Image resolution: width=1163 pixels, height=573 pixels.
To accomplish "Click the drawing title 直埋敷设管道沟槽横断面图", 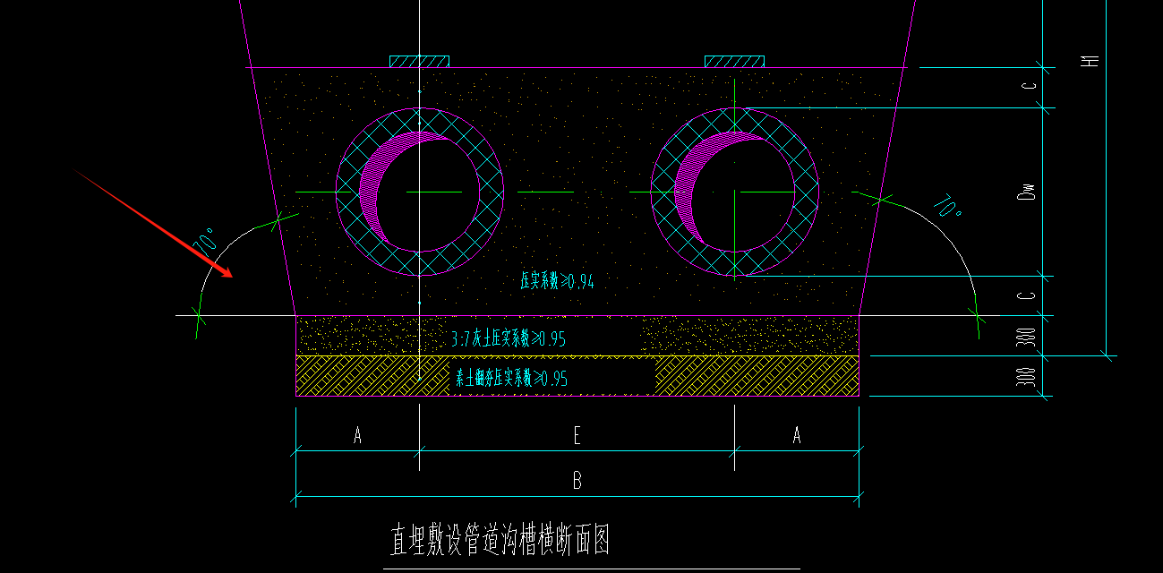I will [500, 541].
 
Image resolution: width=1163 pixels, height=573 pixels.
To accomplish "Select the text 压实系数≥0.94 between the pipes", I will [557, 281].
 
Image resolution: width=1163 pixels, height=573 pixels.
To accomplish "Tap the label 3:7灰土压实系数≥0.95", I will [509, 339].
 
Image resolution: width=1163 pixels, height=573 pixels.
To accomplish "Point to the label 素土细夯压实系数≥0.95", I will [511, 379].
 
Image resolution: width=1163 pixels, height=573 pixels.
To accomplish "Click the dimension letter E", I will [577, 436].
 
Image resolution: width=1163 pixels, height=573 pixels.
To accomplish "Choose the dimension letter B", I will [577, 481].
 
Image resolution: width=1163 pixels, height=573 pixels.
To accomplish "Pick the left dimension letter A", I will [357, 436].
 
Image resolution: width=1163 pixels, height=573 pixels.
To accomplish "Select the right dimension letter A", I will [797, 436].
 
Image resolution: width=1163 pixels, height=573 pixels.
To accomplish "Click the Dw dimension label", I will [1030, 191].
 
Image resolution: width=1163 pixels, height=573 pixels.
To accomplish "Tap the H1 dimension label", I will [1090, 61].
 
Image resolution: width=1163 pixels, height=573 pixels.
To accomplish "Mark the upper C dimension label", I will [1030, 87].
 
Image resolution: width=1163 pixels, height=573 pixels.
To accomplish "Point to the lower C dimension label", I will [1030, 295].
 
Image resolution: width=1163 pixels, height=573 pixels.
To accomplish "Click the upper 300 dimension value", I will [1030, 337].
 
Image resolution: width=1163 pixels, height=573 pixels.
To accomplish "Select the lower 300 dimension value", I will [1030, 376].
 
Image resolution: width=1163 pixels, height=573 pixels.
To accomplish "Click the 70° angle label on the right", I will [946, 209].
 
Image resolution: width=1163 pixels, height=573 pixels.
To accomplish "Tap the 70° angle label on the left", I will [205, 243].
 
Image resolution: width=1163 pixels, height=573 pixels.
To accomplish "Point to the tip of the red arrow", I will [231, 276].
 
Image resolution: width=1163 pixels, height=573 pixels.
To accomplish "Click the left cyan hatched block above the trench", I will [419, 62].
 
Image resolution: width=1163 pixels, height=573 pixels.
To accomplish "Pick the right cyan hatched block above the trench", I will [734, 62].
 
